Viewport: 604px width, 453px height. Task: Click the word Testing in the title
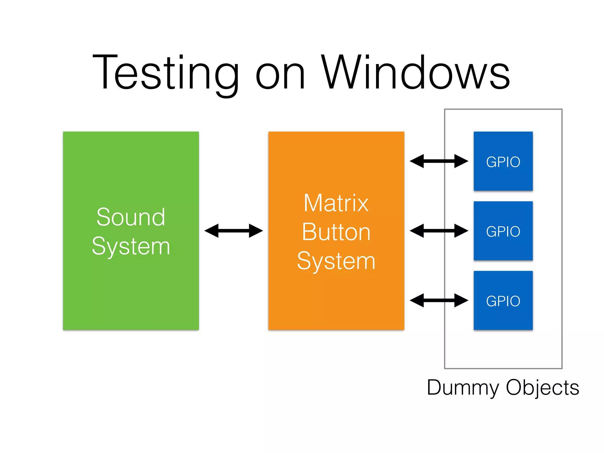pos(165,72)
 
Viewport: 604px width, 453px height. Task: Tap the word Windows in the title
pos(415,72)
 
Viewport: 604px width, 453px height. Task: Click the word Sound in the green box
pos(131,217)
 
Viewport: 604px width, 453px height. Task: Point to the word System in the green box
pos(131,247)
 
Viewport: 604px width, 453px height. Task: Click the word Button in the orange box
pos(336,232)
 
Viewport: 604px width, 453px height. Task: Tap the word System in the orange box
pos(336,261)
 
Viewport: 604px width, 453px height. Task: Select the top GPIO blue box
pos(503,161)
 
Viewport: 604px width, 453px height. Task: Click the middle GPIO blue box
pos(503,231)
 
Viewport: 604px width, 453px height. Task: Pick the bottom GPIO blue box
pos(503,301)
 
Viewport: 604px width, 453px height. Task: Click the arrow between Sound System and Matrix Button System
pos(234,231)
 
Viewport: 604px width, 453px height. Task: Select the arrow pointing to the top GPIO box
pos(439,161)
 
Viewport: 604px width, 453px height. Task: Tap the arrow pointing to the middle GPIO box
pos(439,231)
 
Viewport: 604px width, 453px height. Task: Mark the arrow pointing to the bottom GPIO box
pos(439,300)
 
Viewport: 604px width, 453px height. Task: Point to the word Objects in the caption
pos(543,388)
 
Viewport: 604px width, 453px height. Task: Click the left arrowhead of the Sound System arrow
pos(212,231)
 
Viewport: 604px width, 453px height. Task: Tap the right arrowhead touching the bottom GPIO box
pos(461,300)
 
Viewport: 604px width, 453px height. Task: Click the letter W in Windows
pos(341,72)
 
